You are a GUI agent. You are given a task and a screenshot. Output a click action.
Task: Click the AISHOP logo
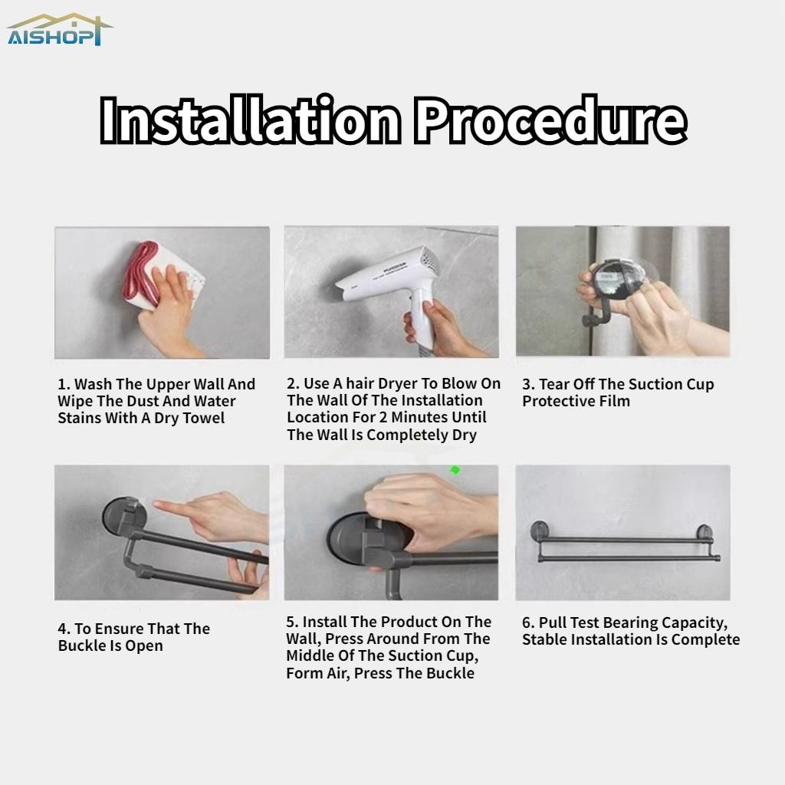pyautogui.click(x=60, y=30)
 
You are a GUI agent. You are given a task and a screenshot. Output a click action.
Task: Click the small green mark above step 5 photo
pyautogui.click(x=455, y=470)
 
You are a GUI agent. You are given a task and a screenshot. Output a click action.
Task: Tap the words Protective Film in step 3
pyautogui.click(x=576, y=401)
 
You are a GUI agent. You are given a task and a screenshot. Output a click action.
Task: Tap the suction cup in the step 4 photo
pyautogui.click(x=124, y=519)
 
